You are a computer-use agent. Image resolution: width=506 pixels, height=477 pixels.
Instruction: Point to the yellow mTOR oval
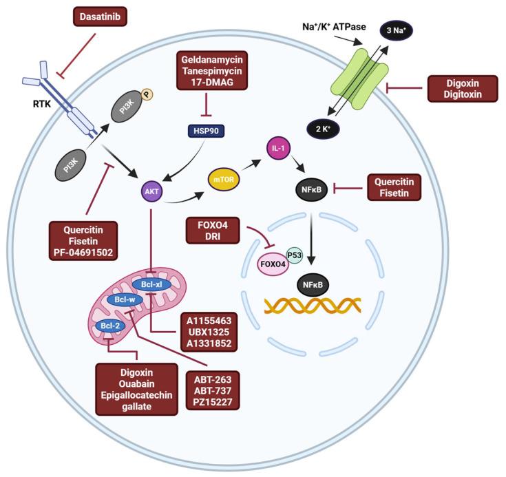click(222, 180)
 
